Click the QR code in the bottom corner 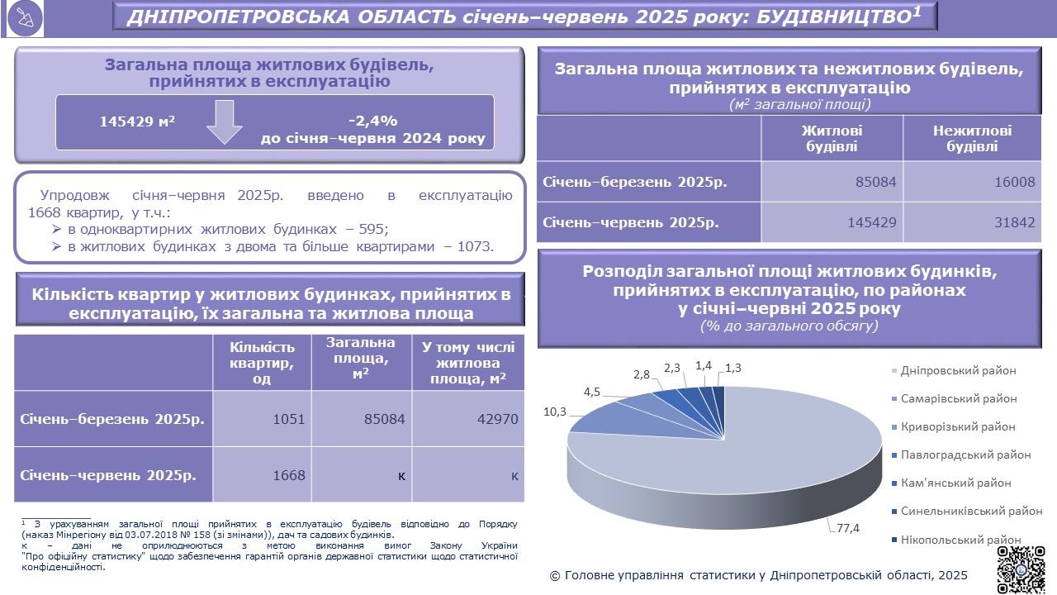(1021, 569)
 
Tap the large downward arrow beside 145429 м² (224, 122)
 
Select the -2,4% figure (372, 120)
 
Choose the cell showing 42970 (496, 419)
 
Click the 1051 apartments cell (288, 419)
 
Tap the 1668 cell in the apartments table (288, 475)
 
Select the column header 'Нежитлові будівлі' (972, 139)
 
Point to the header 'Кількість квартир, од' (262, 363)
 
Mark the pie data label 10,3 (554, 411)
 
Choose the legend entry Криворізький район (958, 426)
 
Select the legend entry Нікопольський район (961, 540)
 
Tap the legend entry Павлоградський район (965, 455)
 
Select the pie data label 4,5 (591, 392)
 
